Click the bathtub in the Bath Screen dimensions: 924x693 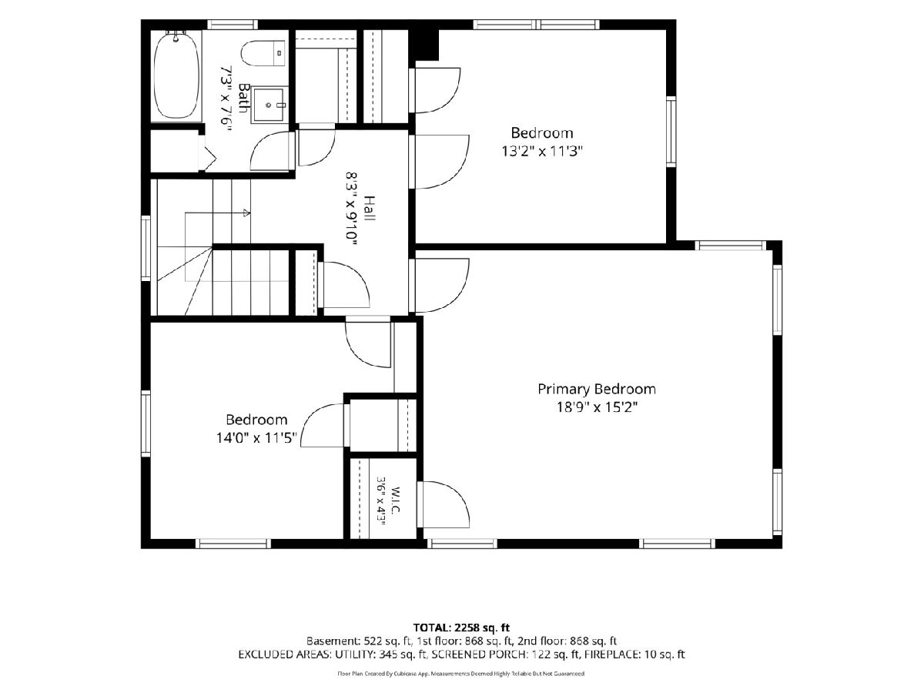coord(176,76)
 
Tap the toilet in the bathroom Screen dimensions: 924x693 coord(263,53)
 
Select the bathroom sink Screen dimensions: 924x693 coord(269,105)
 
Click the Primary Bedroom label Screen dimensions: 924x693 coord(597,390)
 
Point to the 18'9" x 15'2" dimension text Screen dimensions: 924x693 coord(597,407)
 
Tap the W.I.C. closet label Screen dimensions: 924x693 coord(396,500)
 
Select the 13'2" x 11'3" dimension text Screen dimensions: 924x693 coord(542,151)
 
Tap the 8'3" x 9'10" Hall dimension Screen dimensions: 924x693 coord(351,208)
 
